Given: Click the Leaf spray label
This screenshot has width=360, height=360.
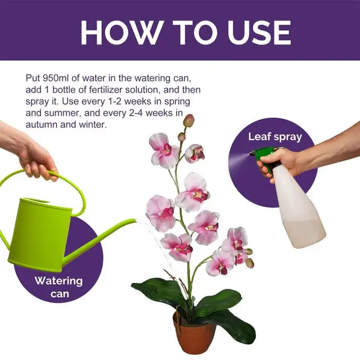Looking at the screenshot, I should click(275, 137).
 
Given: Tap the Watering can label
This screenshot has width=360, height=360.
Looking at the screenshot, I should click(58, 286).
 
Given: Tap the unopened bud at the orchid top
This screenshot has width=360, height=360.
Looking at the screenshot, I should click(189, 120).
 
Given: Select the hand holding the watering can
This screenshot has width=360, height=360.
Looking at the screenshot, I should click(34, 155).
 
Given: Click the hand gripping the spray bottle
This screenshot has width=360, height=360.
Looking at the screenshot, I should click(284, 163).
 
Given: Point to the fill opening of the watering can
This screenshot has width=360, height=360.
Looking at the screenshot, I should click(42, 202).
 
